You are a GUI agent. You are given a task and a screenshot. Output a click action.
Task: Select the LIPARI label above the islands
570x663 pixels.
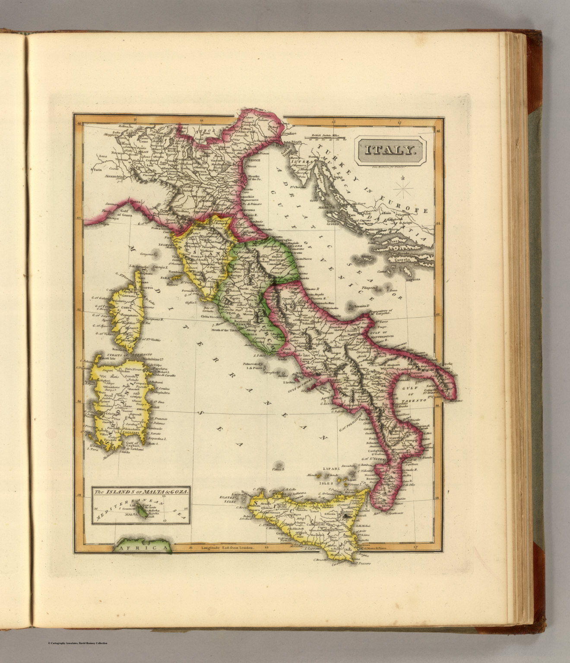tap(329, 468)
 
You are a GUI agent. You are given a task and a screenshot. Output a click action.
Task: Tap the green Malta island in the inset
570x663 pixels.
tap(142, 512)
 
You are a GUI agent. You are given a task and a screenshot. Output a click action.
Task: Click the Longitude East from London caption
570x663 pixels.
tap(228, 548)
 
